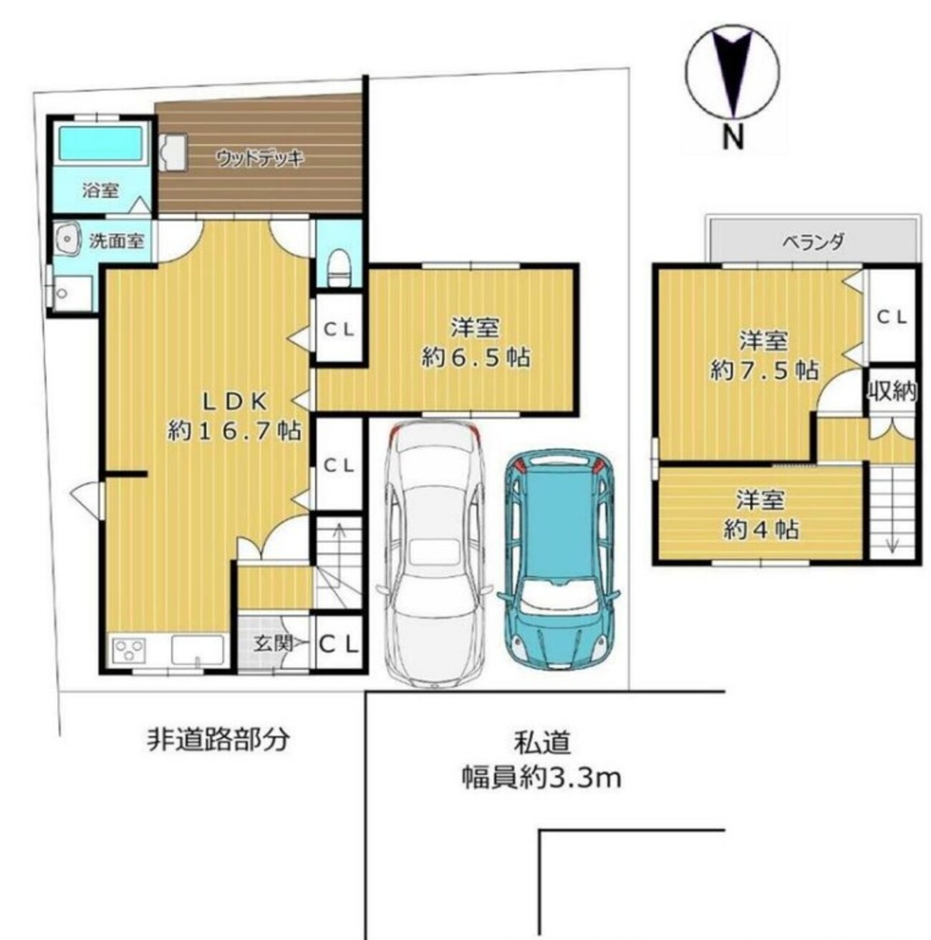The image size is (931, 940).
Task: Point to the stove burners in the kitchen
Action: (129, 649)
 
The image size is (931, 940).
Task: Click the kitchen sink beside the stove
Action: (197, 649)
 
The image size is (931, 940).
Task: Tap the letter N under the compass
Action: (733, 138)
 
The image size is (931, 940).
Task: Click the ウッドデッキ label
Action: (260, 159)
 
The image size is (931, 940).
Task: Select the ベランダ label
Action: (813, 241)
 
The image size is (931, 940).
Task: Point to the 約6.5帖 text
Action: (476, 358)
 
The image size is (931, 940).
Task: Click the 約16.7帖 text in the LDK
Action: (233, 431)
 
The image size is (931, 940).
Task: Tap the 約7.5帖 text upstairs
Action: (763, 371)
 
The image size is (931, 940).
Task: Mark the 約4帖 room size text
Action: (761, 529)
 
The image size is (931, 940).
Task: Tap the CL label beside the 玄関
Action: (339, 645)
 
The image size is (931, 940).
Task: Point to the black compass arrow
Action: (731, 73)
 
